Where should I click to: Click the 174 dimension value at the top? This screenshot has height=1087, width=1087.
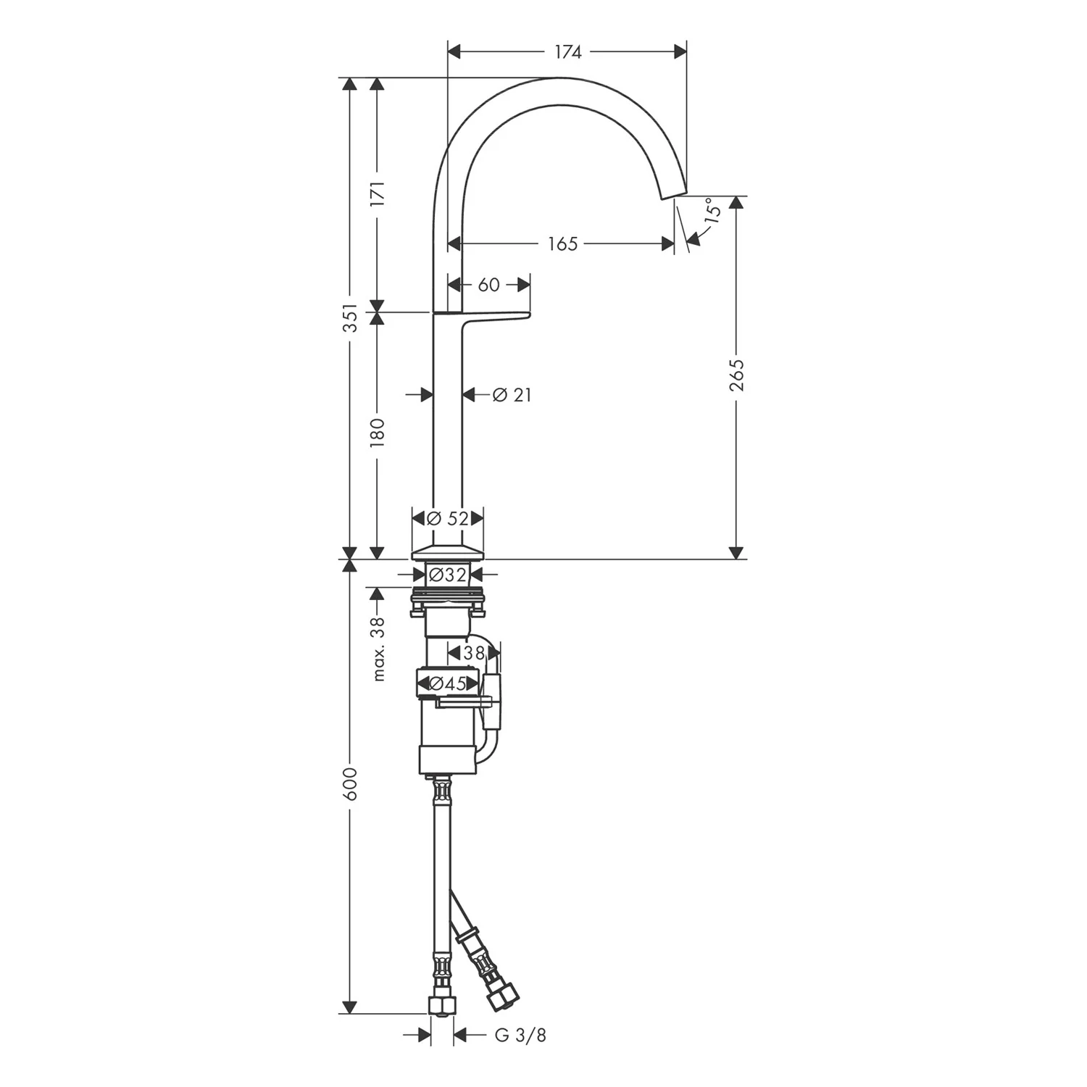[567, 51]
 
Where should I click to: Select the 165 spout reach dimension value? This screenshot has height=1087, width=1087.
[562, 244]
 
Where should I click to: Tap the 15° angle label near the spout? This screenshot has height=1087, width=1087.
[712, 210]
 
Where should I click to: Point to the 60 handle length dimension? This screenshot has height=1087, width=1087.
[489, 285]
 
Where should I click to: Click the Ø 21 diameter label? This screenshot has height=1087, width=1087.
[512, 395]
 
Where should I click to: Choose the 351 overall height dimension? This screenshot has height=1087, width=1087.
[350, 317]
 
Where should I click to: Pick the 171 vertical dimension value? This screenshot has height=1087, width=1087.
[377, 194]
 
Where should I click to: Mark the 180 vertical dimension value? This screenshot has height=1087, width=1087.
[377, 433]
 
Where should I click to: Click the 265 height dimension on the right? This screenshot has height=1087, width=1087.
[736, 375]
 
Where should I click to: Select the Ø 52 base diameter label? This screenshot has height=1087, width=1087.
[447, 518]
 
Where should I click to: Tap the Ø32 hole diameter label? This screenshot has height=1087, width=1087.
[446, 575]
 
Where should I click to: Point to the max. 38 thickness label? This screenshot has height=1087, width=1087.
[377, 649]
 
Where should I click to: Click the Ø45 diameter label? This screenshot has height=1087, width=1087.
[447, 683]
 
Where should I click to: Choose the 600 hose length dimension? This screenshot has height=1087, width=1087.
[350, 783]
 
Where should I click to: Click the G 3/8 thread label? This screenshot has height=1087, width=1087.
[520, 1036]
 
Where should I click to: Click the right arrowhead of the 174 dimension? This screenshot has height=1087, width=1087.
[680, 51]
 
